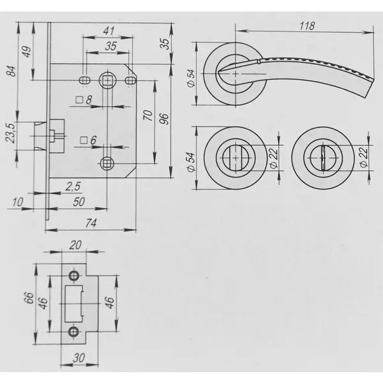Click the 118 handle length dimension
tap(307, 26)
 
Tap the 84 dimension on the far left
tap(11, 71)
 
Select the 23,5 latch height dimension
tap(10, 133)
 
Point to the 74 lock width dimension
tap(91, 223)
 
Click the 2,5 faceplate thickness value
tap(73, 186)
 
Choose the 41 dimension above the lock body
tap(109, 31)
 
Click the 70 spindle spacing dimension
tap(147, 116)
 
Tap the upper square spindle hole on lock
tap(107, 80)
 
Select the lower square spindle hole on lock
tap(107, 163)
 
